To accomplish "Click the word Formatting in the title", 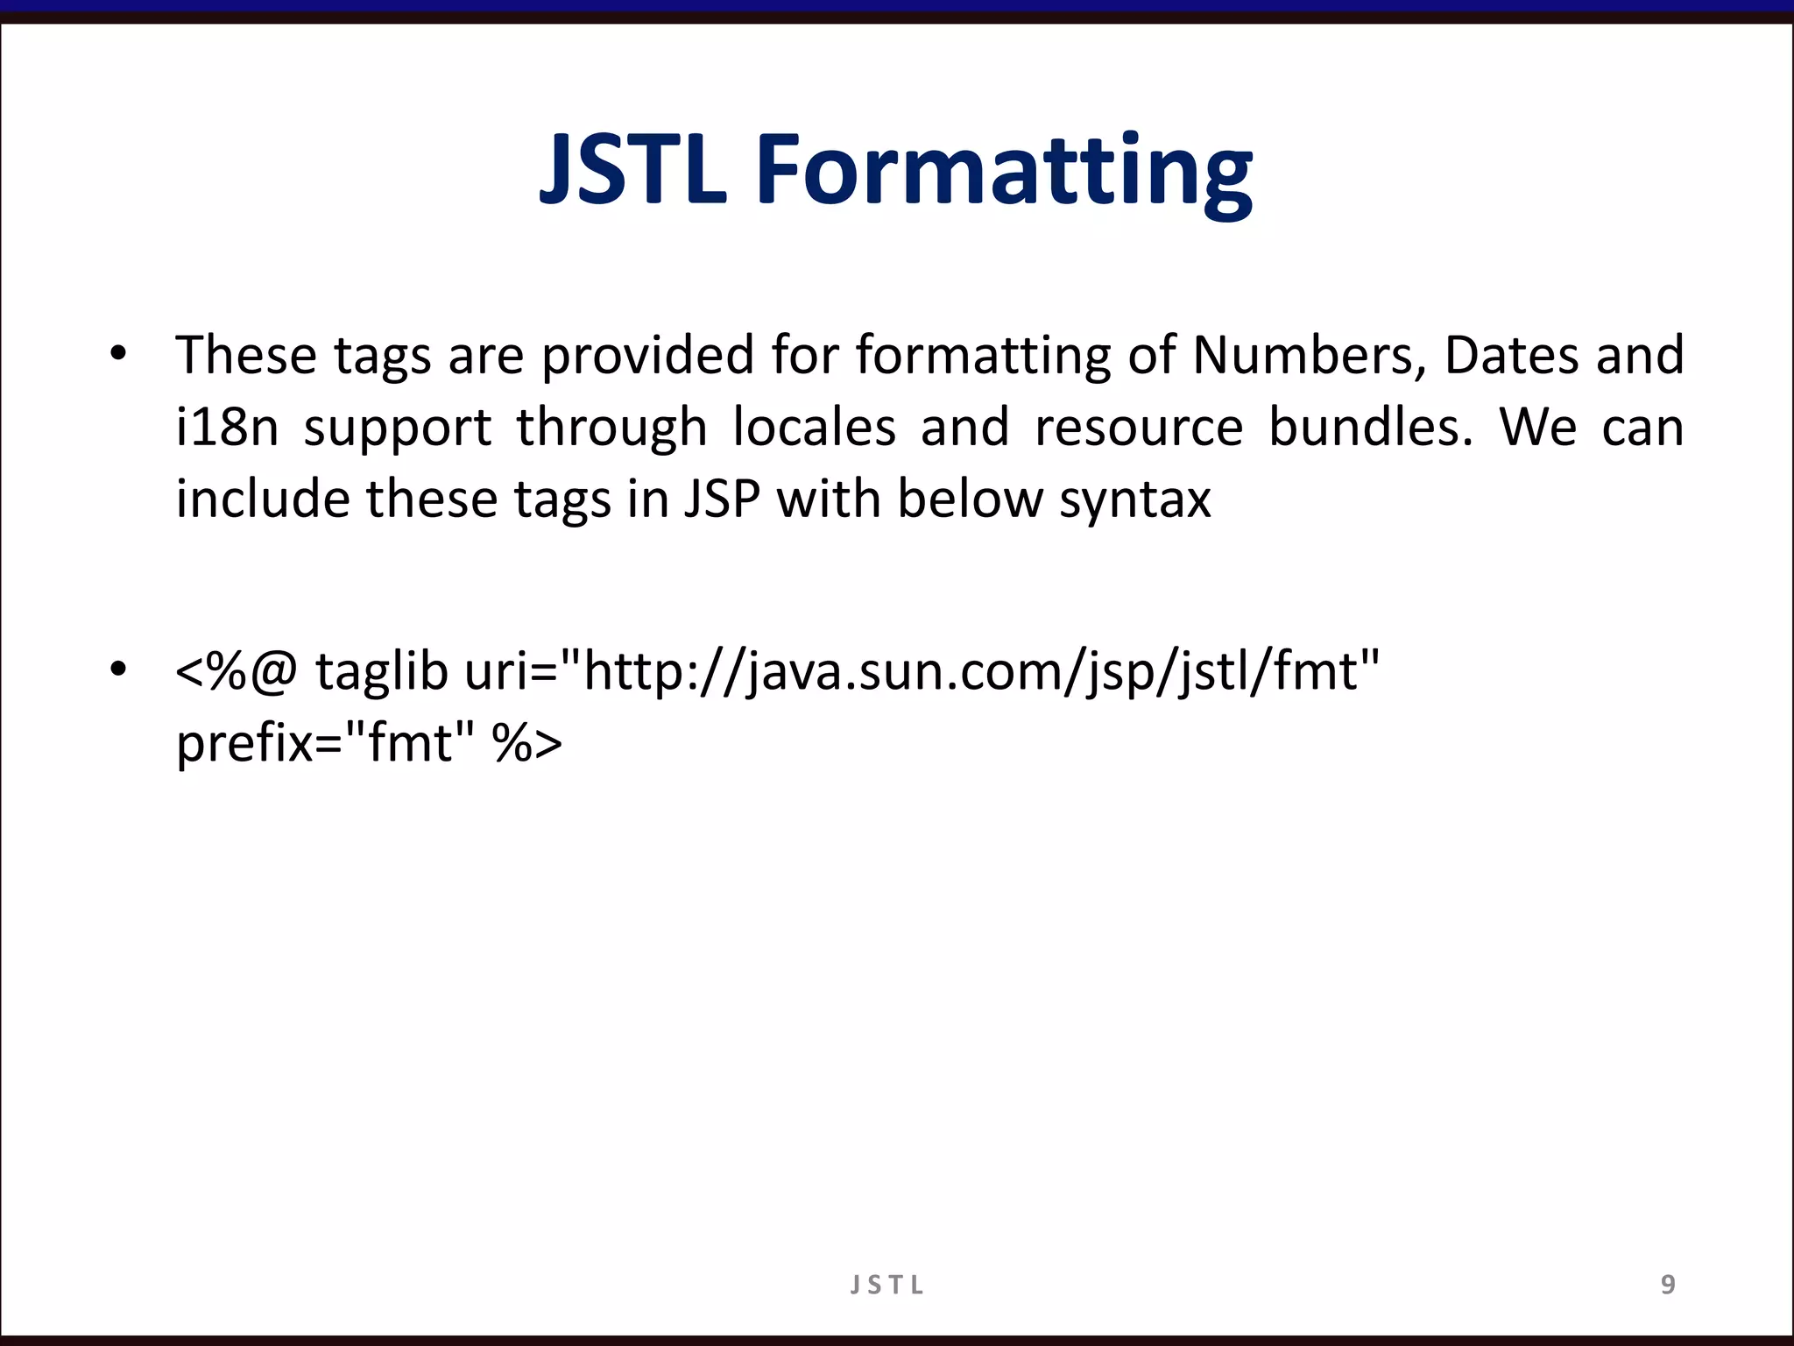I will (1004, 172).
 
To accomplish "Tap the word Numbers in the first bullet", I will (1309, 356).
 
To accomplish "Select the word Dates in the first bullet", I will (1511, 356).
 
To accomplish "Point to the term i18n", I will (227, 428).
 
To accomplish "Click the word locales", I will (814, 428).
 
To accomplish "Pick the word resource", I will (1138, 428).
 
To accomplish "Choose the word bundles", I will (1371, 428).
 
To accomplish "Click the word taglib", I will (382, 673).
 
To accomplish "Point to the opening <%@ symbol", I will (237, 673).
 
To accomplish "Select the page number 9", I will (1668, 1285).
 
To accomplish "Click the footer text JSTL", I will (886, 1286).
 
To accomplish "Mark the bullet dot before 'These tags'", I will (118, 355).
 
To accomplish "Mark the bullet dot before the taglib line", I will (118, 670).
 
